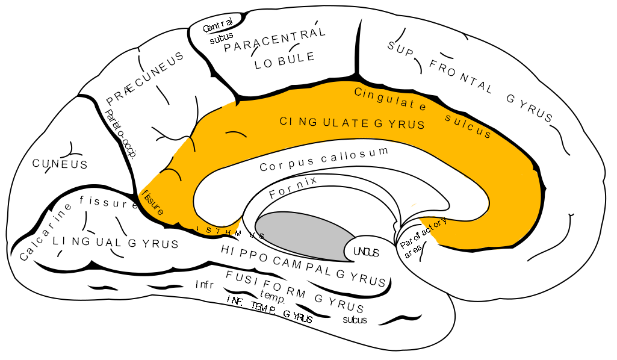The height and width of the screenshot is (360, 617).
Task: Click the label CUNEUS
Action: coord(60,164)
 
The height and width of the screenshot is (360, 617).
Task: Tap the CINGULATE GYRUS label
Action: coord(352,123)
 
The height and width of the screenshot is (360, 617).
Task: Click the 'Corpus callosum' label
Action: coord(324,159)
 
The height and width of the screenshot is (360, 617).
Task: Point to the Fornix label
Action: coord(293,187)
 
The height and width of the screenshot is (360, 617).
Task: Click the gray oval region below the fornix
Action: coord(304,235)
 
